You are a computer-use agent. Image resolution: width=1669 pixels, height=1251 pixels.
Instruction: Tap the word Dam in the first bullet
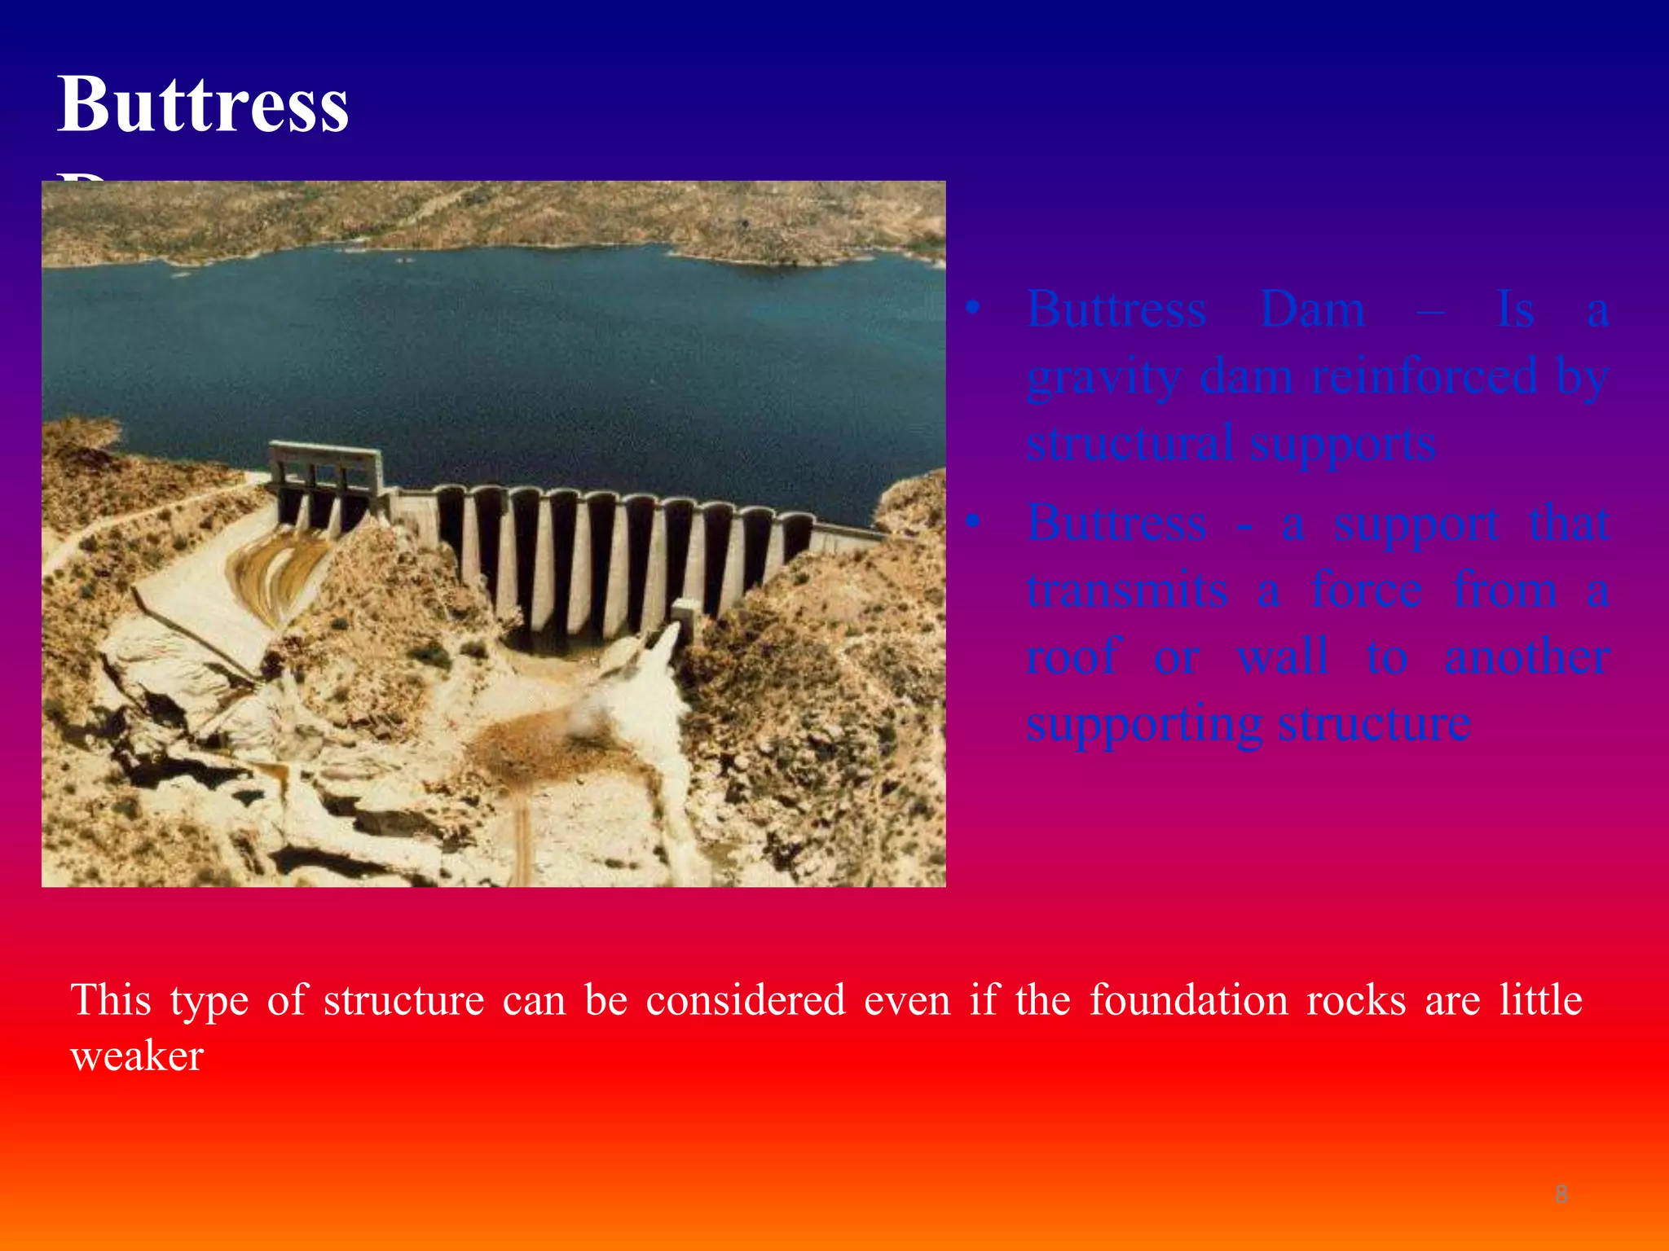tap(1312, 309)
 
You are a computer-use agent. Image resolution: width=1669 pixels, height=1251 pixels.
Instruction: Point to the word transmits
tap(1127, 590)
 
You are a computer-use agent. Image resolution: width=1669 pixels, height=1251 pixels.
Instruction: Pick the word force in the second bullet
tap(1367, 590)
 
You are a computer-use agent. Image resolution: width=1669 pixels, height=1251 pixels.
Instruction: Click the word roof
tap(1073, 656)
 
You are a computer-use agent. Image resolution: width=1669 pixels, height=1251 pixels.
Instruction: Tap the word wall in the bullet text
tap(1283, 656)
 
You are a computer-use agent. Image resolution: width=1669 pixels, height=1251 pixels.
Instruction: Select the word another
tap(1526, 656)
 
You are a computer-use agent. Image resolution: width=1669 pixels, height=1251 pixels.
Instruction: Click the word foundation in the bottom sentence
tap(1189, 1000)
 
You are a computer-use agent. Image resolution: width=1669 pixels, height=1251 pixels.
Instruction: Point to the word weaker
tap(137, 1056)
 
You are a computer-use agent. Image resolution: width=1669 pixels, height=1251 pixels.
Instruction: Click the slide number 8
tap(1561, 1194)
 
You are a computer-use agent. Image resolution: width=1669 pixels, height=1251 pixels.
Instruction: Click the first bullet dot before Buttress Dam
tap(971, 309)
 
